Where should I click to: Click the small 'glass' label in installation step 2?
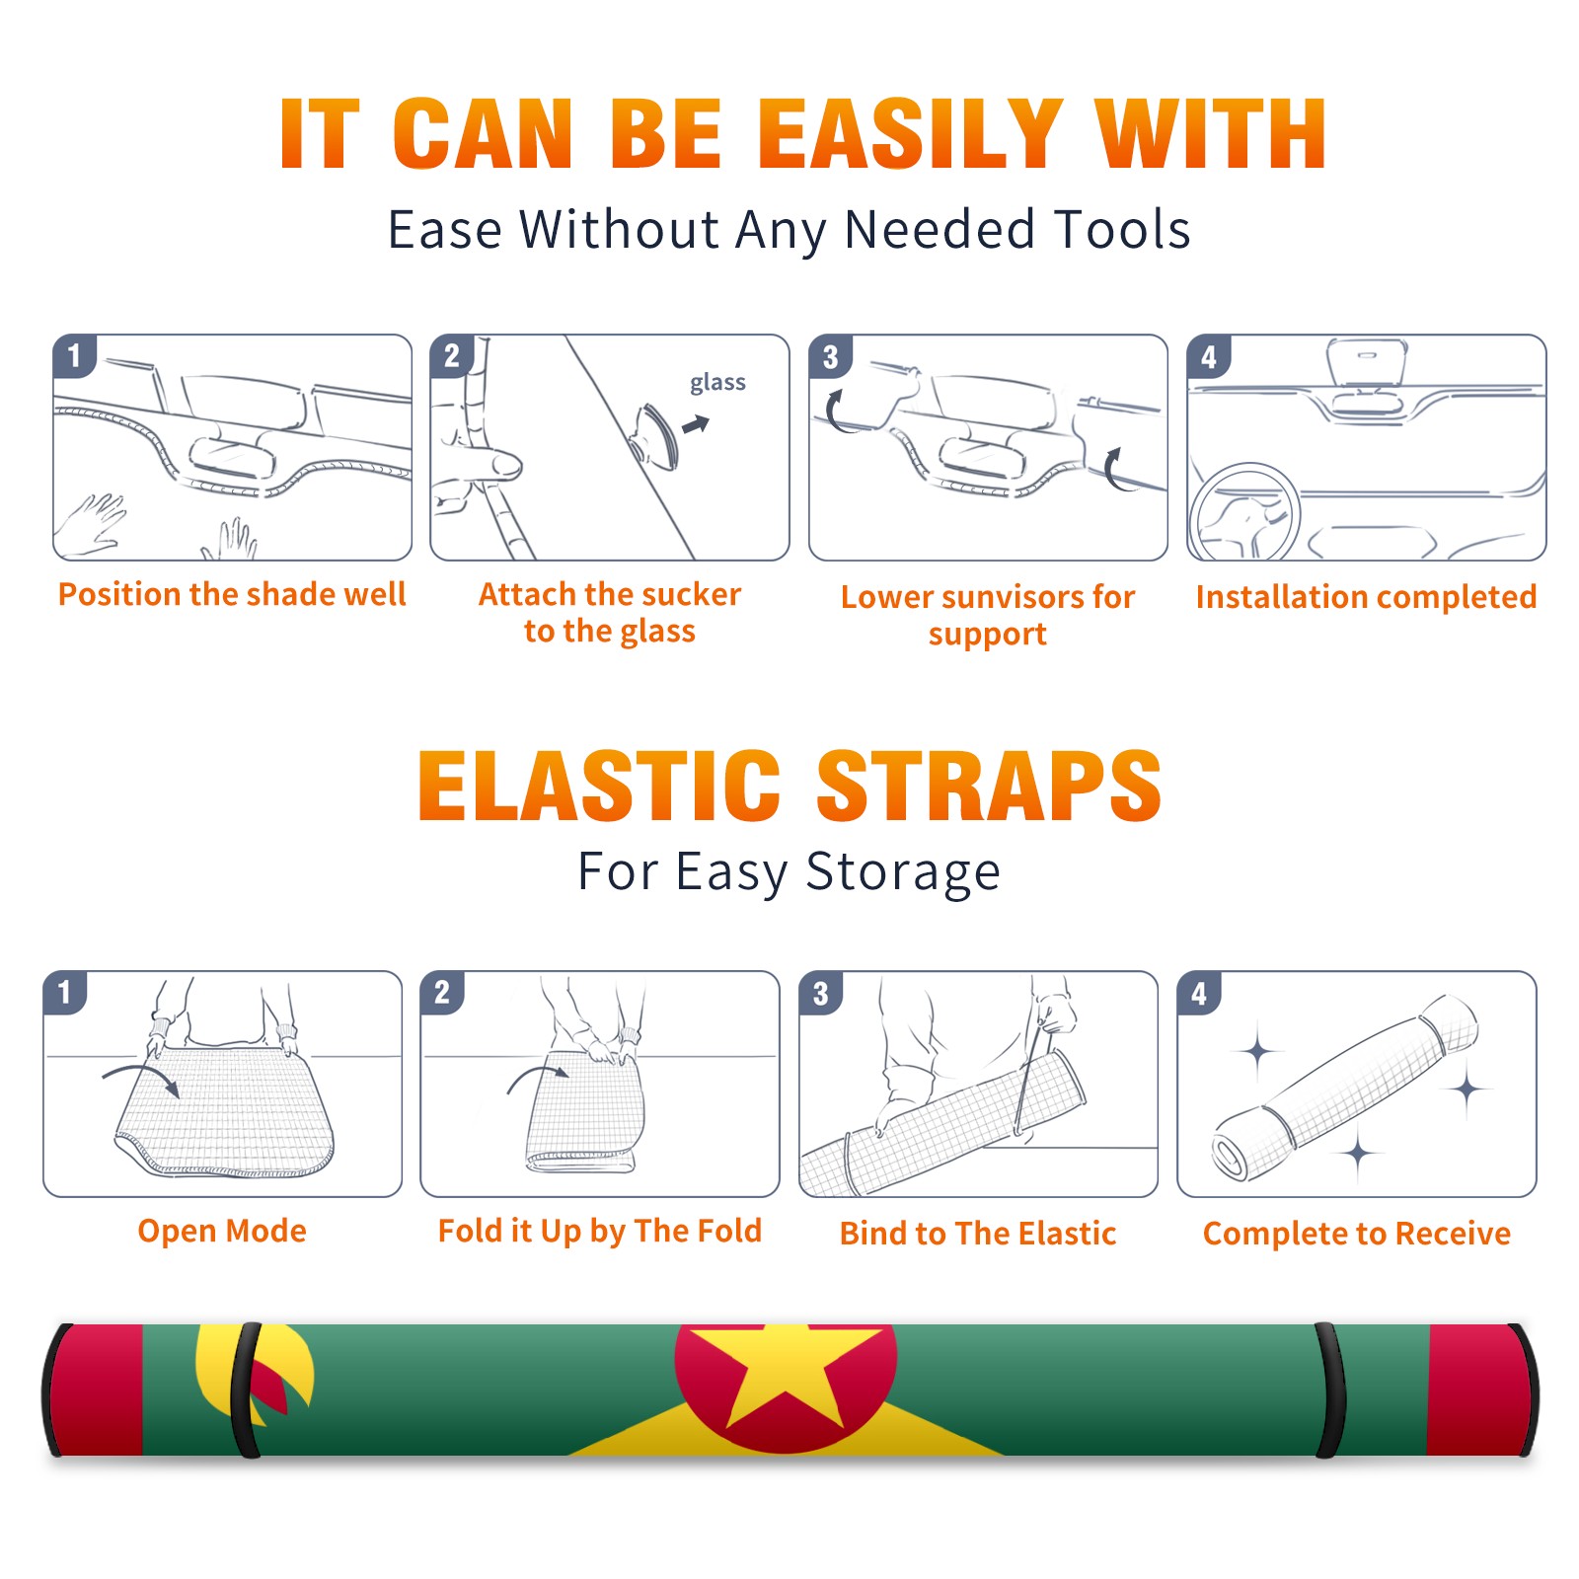[x=717, y=383]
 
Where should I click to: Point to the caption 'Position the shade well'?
[x=232, y=594]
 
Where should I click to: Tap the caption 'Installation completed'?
[x=1366, y=597]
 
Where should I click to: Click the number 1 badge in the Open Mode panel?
[x=65, y=992]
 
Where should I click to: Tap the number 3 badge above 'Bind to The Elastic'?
[x=821, y=993]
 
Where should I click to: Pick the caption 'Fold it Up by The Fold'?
[x=600, y=1231]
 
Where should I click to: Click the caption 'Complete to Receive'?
[x=1357, y=1234]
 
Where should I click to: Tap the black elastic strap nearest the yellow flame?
[x=245, y=1390]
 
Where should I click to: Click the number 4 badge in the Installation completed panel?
[x=1209, y=356]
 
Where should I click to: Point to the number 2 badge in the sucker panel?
[x=452, y=355]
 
